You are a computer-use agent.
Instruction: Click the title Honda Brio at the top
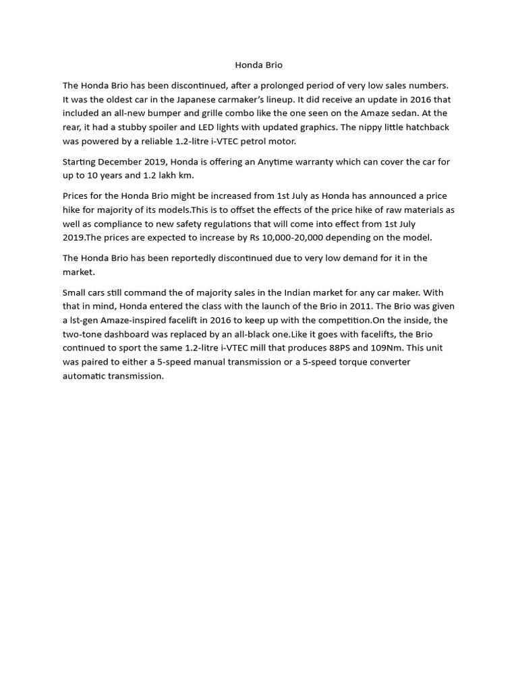tap(258, 65)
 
